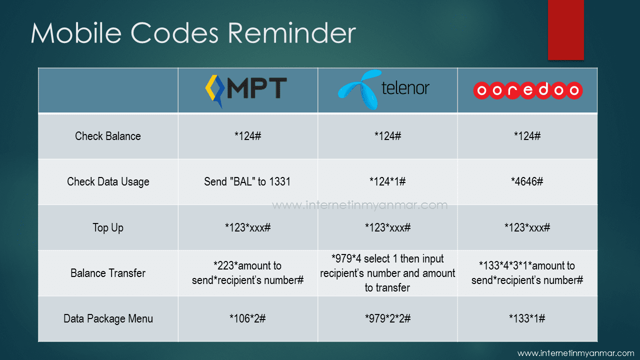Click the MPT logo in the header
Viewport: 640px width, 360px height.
246,91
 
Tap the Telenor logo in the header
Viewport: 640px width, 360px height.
383,89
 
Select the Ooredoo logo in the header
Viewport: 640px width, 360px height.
527,90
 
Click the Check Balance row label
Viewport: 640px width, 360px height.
108,136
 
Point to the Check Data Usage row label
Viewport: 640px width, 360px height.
108,182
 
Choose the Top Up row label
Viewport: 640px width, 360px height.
108,228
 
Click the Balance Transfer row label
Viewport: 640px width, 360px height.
108,273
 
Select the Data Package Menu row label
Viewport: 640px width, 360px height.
108,319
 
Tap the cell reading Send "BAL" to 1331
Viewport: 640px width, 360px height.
247,181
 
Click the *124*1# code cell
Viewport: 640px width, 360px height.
387,181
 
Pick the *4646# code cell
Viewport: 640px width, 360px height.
527,181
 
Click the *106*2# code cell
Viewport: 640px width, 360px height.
247,318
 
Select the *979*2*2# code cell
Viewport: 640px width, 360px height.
387,318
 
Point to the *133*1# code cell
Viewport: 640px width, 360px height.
527,318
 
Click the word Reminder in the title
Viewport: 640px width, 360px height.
291,33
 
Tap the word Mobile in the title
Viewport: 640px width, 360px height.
76,33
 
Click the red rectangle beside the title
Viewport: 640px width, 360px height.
565,30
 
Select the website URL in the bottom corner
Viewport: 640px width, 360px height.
575,353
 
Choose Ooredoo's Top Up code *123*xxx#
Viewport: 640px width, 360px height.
527,227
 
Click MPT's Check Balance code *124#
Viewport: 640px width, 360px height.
247,136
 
